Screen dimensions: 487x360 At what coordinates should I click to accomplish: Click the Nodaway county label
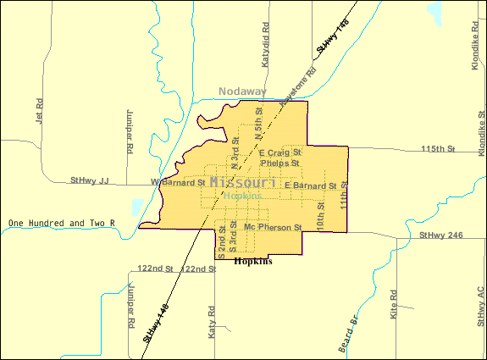(242, 91)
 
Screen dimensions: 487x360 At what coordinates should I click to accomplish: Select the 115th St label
(438, 149)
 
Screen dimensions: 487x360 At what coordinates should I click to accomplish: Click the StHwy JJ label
(91, 180)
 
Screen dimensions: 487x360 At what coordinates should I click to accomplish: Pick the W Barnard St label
(178, 182)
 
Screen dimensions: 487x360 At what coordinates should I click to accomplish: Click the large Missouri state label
(242, 183)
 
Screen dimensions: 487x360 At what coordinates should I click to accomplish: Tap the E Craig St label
(280, 152)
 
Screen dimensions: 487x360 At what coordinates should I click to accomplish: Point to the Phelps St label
(280, 163)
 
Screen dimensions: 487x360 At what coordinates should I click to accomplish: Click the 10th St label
(321, 217)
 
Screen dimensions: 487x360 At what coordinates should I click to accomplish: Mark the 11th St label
(344, 195)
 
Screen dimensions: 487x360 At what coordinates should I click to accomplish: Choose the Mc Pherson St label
(272, 228)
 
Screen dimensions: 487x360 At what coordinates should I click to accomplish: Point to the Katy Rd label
(212, 323)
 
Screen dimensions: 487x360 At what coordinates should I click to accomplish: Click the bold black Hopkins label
(252, 263)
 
